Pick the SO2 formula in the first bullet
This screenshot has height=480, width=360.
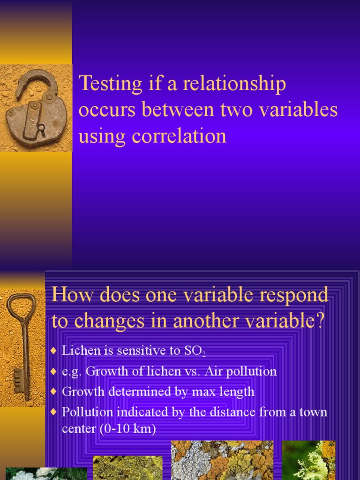tap(196, 351)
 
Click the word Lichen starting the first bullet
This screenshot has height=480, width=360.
tap(78, 350)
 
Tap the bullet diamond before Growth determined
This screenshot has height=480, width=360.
tap(53, 391)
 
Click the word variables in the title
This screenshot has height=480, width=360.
tap(298, 110)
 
